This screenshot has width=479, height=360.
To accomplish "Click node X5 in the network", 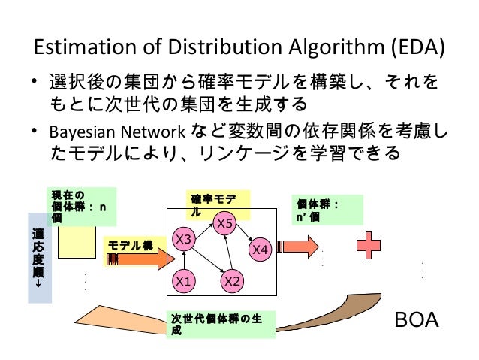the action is (225, 222).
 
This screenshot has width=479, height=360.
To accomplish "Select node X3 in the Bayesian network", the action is (185, 239).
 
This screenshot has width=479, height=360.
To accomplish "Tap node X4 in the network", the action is (261, 249).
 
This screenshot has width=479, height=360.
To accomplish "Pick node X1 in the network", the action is (182, 282).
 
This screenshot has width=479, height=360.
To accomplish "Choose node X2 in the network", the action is (232, 282).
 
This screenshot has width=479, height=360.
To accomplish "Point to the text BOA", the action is (417, 321).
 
